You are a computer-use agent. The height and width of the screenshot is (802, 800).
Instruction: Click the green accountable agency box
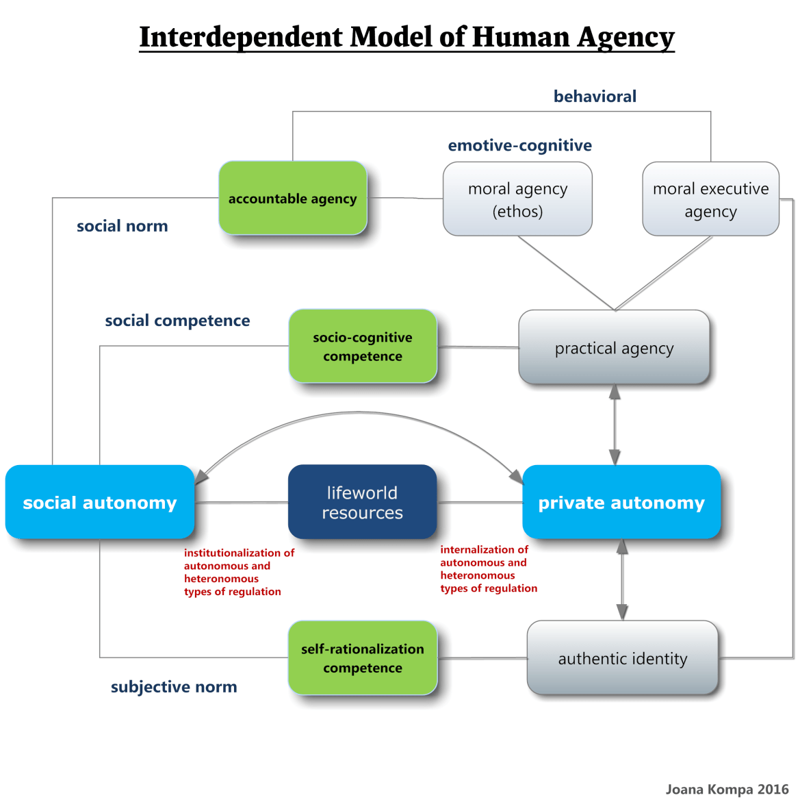pos(292,199)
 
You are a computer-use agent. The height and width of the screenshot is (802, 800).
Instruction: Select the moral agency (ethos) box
pos(517,199)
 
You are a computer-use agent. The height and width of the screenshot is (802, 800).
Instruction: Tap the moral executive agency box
pos(710,199)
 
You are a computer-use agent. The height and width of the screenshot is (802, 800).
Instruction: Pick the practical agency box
pos(614,348)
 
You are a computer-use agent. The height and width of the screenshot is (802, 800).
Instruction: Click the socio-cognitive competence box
pos(363,347)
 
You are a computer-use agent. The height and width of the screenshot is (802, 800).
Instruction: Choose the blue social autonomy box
pos(100,503)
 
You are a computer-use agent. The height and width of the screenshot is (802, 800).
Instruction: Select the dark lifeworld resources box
pos(362,503)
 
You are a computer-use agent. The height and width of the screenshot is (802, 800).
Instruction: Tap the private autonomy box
pos(621,503)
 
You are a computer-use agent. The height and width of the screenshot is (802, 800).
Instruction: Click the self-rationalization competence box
pos(363,658)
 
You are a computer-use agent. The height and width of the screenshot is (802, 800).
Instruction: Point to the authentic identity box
pos(622,658)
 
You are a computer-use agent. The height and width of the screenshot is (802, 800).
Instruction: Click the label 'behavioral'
pos(595,97)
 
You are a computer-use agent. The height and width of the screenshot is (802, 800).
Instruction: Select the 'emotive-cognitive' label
pos(519,145)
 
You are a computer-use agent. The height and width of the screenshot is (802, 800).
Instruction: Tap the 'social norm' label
pos(122,226)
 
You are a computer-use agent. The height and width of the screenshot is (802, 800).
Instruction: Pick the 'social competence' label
pos(177,321)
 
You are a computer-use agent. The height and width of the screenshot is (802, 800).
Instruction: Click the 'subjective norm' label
pos(174,687)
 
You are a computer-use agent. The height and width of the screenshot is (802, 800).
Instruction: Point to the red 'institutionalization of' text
pos(239,553)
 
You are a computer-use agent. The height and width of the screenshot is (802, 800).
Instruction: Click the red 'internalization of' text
pos(484,549)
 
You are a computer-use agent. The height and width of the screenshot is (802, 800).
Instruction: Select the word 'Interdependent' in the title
pos(241,37)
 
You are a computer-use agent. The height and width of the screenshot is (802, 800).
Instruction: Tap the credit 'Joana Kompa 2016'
pos(727,789)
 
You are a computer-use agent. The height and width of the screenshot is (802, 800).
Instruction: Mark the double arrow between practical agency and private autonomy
pos(615,425)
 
